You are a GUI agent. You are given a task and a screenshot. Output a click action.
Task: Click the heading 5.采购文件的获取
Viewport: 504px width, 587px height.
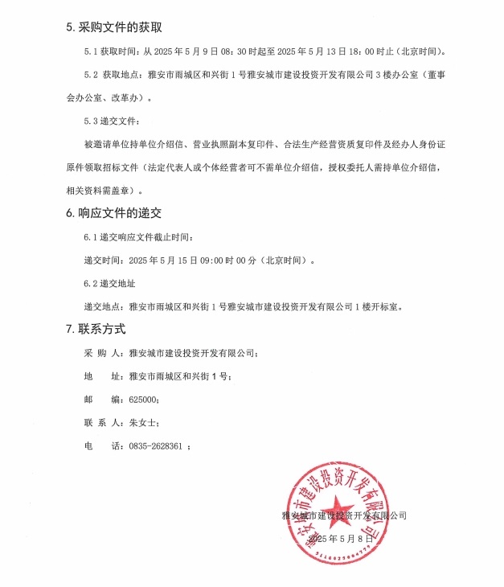click(114, 27)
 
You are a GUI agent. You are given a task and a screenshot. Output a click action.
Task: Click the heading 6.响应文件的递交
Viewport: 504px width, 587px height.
click(114, 213)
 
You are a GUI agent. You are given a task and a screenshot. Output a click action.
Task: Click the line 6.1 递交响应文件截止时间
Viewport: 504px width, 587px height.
click(138, 237)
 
